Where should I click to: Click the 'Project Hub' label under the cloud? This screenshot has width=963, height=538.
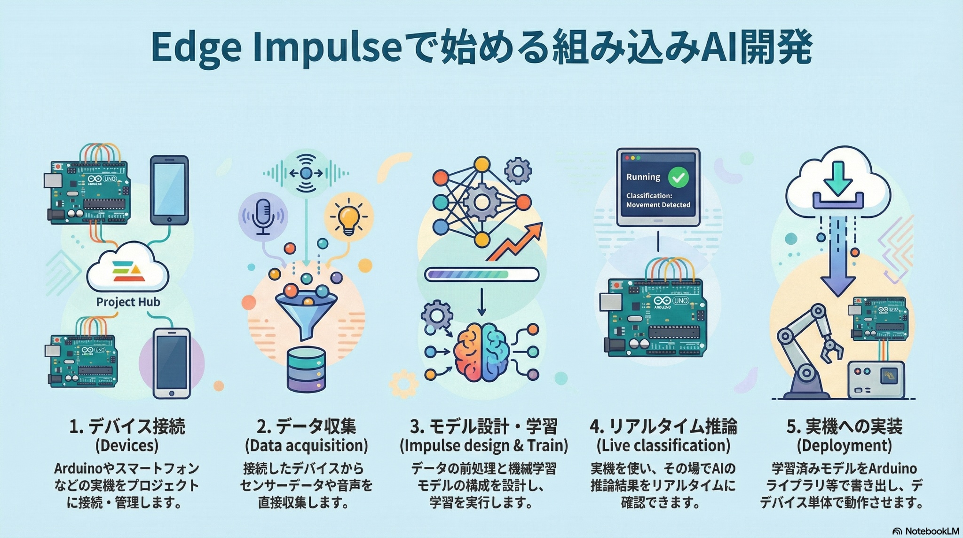point(128,302)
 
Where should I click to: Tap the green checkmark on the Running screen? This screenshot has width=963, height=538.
point(678,177)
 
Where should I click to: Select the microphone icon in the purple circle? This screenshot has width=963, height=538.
point(262,217)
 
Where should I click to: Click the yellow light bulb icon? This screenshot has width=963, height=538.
point(348,218)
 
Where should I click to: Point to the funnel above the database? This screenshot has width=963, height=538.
point(306,311)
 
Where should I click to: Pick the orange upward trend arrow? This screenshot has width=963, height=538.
point(515,242)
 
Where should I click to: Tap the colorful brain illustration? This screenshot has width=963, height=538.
point(482,352)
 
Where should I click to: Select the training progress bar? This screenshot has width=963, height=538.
point(481,274)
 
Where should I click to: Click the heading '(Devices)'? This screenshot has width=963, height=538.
point(127,445)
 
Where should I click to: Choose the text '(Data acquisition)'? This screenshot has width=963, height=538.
point(306,445)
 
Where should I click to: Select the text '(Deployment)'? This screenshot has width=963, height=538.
point(844,445)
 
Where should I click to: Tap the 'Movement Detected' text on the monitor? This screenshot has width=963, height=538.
point(658,205)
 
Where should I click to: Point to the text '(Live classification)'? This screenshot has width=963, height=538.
point(663,445)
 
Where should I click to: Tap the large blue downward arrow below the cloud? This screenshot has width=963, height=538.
point(837,264)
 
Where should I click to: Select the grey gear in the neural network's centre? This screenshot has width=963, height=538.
point(481,202)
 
